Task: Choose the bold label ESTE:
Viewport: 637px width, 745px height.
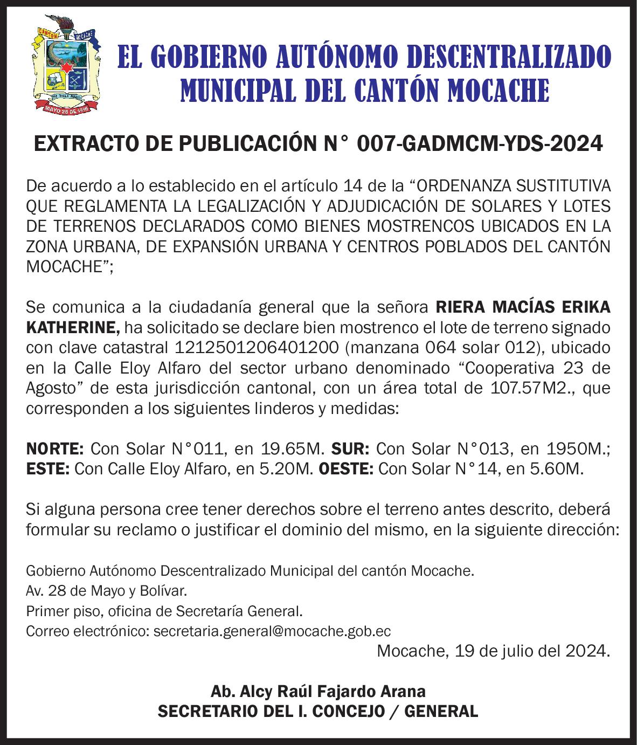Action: (x=47, y=468)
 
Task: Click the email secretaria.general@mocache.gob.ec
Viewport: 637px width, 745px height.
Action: (x=272, y=631)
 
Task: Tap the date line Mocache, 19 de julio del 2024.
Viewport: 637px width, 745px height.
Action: (x=494, y=651)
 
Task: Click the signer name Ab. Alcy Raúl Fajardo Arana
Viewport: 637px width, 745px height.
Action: (x=318, y=691)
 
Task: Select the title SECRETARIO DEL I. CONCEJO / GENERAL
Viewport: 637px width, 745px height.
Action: (x=318, y=711)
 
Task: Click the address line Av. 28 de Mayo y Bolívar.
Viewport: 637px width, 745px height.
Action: (x=107, y=591)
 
